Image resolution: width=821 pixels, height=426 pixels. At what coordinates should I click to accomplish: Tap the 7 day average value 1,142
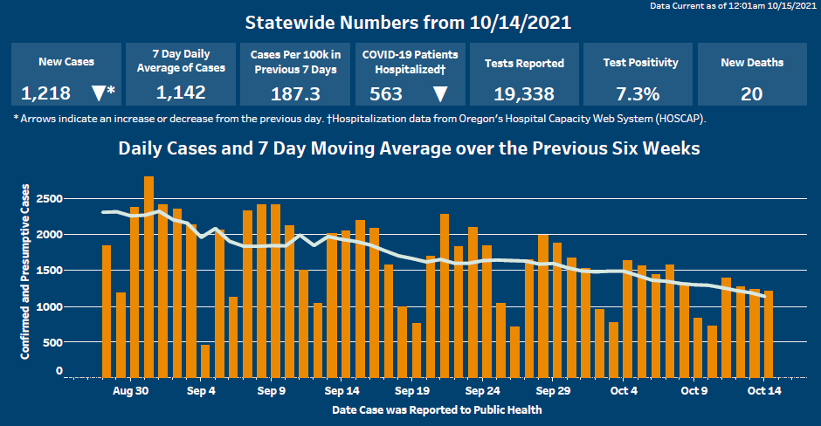tap(181, 93)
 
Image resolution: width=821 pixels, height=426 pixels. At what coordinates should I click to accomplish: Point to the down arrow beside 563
tap(440, 93)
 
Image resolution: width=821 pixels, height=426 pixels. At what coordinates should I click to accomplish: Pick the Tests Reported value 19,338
tap(524, 93)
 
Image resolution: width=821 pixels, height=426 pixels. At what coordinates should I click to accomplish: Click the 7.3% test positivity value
tap(638, 93)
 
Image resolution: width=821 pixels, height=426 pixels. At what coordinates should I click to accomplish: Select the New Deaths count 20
tap(751, 93)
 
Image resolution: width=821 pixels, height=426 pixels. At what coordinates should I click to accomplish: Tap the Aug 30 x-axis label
tap(130, 392)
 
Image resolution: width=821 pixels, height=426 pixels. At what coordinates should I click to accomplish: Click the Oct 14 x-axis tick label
tap(764, 392)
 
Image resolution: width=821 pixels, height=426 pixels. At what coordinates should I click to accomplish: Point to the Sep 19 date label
tap(411, 392)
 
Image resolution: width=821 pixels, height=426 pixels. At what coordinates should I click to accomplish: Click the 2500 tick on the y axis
tap(51, 199)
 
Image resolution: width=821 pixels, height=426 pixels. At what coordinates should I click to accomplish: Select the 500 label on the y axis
tap(54, 342)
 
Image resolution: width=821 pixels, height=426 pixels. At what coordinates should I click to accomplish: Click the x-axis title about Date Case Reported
tap(437, 409)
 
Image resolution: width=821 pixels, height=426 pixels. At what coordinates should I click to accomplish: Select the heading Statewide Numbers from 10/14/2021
tap(409, 22)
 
